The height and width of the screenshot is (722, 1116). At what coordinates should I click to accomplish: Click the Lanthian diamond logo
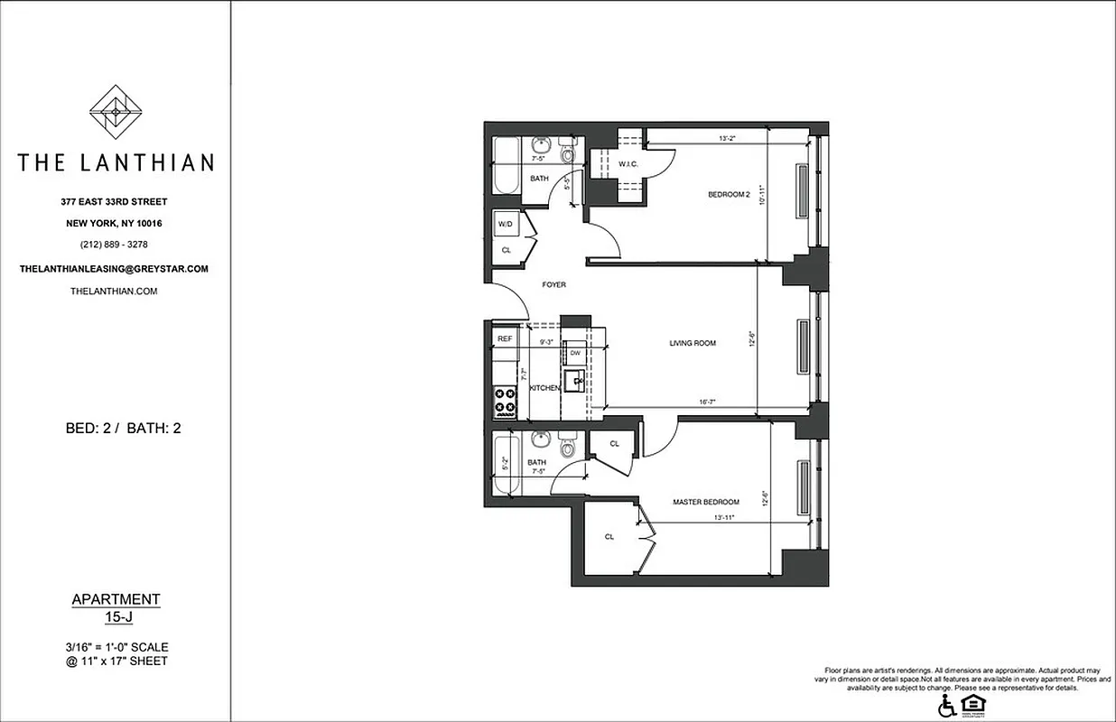click(x=116, y=112)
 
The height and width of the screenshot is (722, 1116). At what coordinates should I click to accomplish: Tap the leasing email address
click(x=115, y=269)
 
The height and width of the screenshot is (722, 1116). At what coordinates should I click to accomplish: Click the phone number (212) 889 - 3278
click(x=115, y=245)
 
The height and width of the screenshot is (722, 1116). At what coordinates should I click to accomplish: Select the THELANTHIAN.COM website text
click(x=115, y=292)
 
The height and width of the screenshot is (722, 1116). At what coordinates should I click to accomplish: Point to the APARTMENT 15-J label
click(x=116, y=607)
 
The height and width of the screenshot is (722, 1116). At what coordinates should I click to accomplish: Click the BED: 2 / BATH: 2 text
click(x=124, y=428)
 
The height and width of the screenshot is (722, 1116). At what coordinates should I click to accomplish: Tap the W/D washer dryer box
click(x=505, y=225)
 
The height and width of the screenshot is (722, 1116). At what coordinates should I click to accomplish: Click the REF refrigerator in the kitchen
click(x=505, y=339)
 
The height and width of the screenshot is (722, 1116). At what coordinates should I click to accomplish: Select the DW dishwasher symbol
click(x=575, y=354)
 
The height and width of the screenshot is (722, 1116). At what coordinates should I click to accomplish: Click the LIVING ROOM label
click(x=693, y=343)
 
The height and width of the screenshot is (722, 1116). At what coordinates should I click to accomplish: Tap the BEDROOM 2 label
click(x=729, y=195)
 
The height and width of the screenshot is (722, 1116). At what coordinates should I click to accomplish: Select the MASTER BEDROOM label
click(x=706, y=502)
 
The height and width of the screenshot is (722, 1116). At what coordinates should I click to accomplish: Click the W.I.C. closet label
click(x=628, y=164)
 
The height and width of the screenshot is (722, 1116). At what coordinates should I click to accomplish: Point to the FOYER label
click(x=553, y=285)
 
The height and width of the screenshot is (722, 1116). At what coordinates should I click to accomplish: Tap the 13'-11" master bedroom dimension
click(x=724, y=518)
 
